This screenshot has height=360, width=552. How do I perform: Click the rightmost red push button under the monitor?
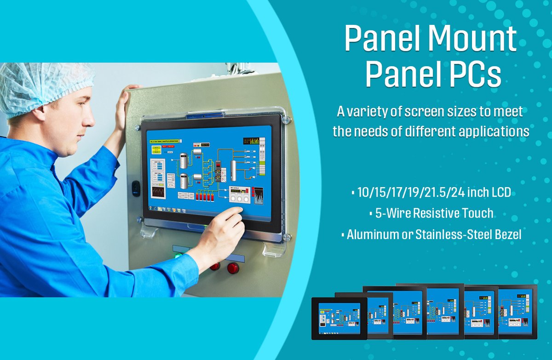pyautogui.click(x=233, y=268)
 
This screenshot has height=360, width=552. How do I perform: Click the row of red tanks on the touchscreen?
pyautogui.click(x=204, y=196)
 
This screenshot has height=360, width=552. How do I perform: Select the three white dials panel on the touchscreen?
pyautogui.click(x=239, y=197)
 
